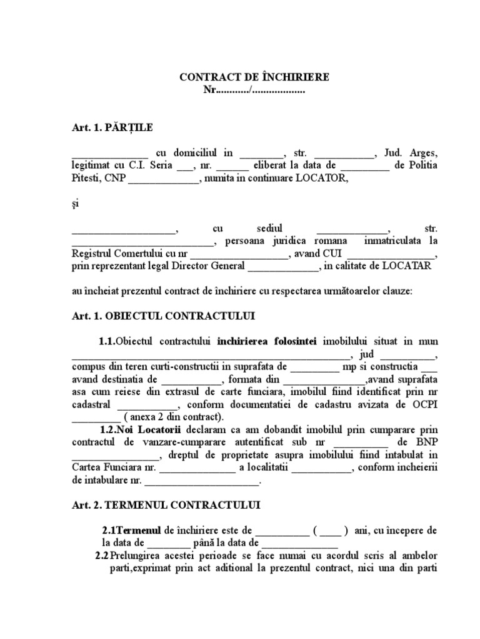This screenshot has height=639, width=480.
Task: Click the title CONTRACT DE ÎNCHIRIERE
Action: [x=254, y=77]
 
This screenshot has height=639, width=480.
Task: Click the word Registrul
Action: [x=94, y=254]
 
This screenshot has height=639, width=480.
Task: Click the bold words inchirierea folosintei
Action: [x=267, y=341]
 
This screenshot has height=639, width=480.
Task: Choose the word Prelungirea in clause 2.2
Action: [x=137, y=555]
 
